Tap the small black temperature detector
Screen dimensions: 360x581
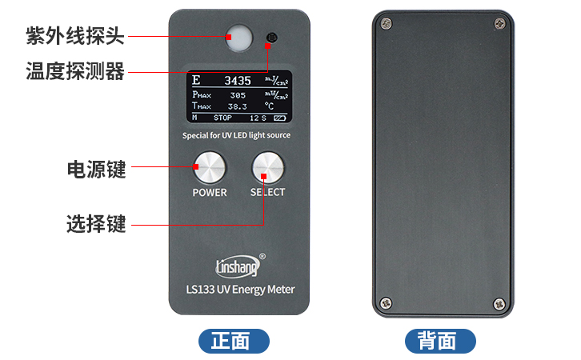(x=272, y=38)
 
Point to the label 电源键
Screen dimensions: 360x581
(x=96, y=169)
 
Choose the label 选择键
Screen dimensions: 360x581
(x=96, y=224)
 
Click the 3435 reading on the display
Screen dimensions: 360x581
(x=237, y=81)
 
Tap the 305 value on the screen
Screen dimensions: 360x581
(x=237, y=95)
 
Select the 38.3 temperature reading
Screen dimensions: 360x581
(x=238, y=106)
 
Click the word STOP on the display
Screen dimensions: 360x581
(x=222, y=118)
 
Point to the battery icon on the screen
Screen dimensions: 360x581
(x=278, y=118)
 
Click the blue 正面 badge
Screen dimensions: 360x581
(x=234, y=342)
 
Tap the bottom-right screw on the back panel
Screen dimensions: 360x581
(x=499, y=302)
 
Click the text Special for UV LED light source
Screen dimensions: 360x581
(x=237, y=135)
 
